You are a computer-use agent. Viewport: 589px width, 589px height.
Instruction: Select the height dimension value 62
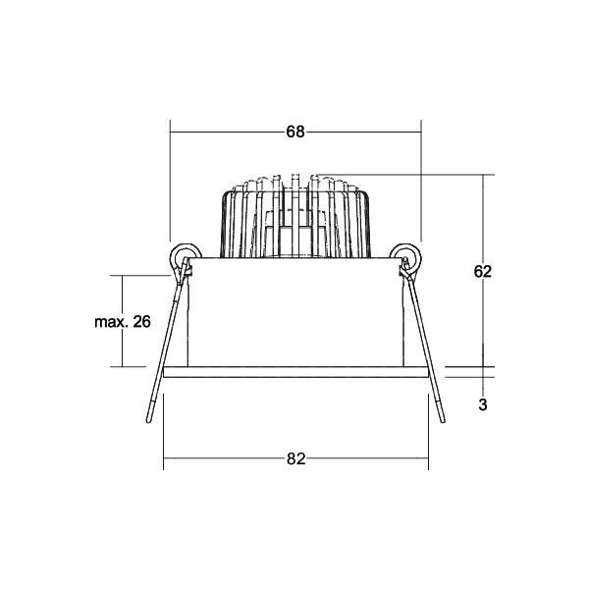(481, 272)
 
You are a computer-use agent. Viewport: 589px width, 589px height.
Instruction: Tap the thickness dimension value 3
(482, 403)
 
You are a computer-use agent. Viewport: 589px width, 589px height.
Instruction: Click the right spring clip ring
(408, 258)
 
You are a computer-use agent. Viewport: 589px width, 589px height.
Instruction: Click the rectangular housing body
(294, 314)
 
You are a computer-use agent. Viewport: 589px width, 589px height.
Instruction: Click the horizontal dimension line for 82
(226, 458)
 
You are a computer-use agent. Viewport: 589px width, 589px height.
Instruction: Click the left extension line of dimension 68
(171, 187)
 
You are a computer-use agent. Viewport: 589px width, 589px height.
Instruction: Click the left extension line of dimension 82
(163, 432)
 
